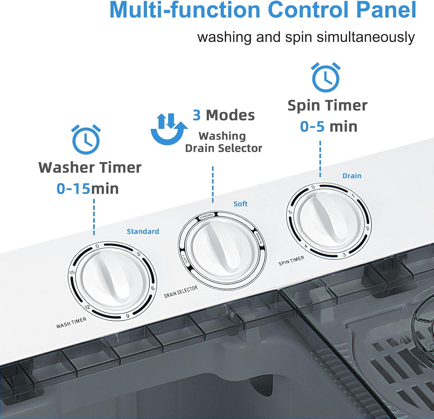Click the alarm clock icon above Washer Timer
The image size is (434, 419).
[x=86, y=139]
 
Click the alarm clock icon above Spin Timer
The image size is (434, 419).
[x=326, y=77]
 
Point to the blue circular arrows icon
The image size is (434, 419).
[x=169, y=129]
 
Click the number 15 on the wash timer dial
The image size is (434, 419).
[x=72, y=272]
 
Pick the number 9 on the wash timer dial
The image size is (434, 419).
[x=128, y=316]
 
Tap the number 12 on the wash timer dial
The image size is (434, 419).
[x=87, y=307]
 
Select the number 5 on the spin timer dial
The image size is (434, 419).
[x=290, y=212]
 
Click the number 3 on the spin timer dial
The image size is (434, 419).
[x=344, y=255]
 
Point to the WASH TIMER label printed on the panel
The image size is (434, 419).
[x=71, y=323]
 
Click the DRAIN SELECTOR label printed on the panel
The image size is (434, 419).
[x=181, y=291]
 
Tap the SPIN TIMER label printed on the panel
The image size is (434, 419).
[x=291, y=260]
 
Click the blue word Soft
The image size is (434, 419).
[x=240, y=204]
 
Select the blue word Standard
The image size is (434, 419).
[x=143, y=231]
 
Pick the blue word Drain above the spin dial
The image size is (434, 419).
[x=352, y=176]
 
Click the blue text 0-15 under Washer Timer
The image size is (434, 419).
[x=73, y=188]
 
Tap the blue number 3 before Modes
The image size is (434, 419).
[x=197, y=115]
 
